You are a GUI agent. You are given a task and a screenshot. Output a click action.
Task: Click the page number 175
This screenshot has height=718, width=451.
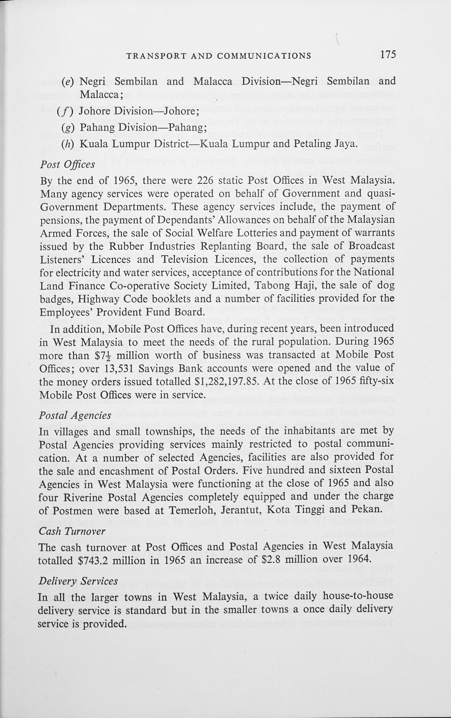pyautogui.click(x=388, y=55)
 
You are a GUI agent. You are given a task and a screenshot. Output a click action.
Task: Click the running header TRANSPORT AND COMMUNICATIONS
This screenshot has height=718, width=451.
pyautogui.click(x=219, y=56)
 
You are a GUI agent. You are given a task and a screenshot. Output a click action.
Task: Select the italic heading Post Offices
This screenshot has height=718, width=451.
pyautogui.click(x=67, y=164)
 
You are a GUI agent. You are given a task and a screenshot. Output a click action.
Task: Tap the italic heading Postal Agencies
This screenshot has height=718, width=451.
pyautogui.click(x=75, y=415)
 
